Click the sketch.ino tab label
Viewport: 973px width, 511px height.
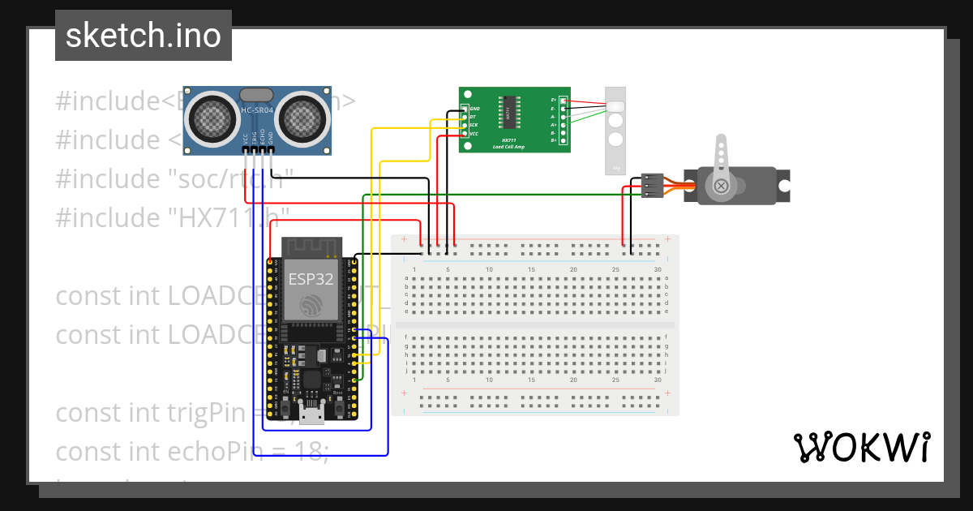click(x=143, y=36)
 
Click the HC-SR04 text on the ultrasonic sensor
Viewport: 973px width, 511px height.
click(x=257, y=110)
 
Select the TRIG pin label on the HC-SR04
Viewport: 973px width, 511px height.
click(x=254, y=137)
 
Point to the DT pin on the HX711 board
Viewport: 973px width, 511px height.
click(x=473, y=117)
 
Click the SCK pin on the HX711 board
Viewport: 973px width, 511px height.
click(x=473, y=125)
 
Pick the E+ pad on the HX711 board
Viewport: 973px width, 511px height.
click(x=555, y=100)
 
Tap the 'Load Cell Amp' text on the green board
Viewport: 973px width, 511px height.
click(x=508, y=147)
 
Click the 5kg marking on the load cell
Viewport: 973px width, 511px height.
click(x=616, y=169)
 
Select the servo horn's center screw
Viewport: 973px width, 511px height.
click(x=720, y=187)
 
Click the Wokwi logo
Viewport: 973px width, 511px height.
click(x=860, y=447)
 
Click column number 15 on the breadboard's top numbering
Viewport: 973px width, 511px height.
click(x=531, y=269)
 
